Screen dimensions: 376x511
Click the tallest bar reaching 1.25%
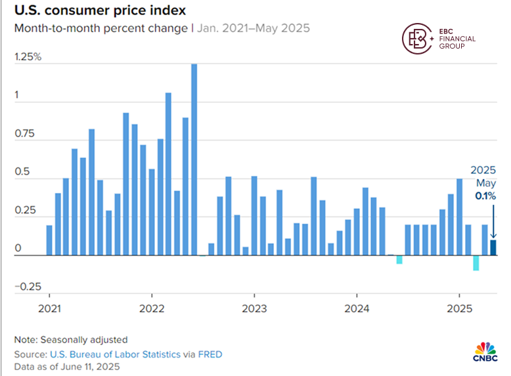194,159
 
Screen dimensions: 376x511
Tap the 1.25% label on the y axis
28,57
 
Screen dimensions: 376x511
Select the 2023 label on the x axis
254,309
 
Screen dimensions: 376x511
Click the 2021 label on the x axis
49,309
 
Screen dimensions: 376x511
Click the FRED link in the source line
211,354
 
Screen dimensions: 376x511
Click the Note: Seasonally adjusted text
71,340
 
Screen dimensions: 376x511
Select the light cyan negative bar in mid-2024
399,260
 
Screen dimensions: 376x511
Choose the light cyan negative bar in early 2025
476,262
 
